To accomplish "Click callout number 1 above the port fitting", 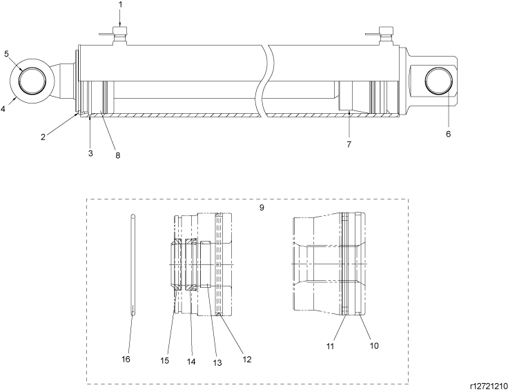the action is tap(120, 5).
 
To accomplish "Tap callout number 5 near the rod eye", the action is tap(6, 53).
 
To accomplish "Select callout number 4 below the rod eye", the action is tap(3, 109).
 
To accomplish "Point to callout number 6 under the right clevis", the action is tap(449, 134).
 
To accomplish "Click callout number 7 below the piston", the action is tap(349, 144).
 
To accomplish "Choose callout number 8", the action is tap(117, 155).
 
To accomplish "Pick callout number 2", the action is tap(43, 137).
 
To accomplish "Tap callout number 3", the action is tap(90, 153).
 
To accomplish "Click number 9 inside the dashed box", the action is tap(262, 208).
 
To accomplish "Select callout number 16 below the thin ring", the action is tap(126, 359).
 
